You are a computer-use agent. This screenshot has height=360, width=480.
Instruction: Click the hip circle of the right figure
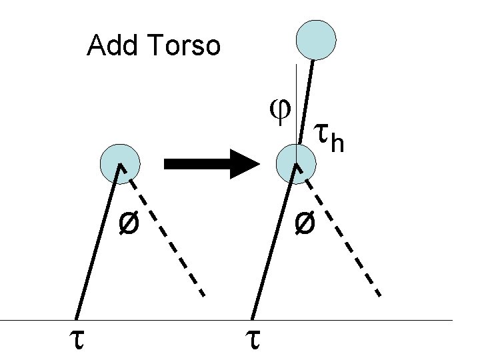click(x=294, y=163)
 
